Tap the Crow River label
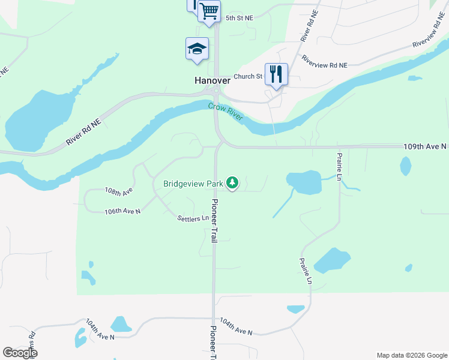pyautogui.click(x=226, y=112)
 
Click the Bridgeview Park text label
pyautogui.click(x=194, y=183)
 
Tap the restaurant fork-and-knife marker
pyautogui.click(x=276, y=74)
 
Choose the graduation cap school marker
pyautogui.click(x=197, y=49)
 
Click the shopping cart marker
pyautogui.click(x=209, y=11)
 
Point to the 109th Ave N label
pyautogui.click(x=424, y=146)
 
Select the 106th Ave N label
pyautogui.click(x=122, y=211)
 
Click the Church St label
pyautogui.click(x=248, y=76)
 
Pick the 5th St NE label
pyautogui.click(x=240, y=18)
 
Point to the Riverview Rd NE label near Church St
pyautogui.click(x=325, y=62)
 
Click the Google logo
pyautogui.click(x=20, y=353)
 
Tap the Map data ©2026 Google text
pyautogui.click(x=412, y=355)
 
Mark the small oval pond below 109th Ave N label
pyautogui.click(x=406, y=166)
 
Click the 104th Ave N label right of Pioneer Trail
pyautogui.click(x=236, y=326)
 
